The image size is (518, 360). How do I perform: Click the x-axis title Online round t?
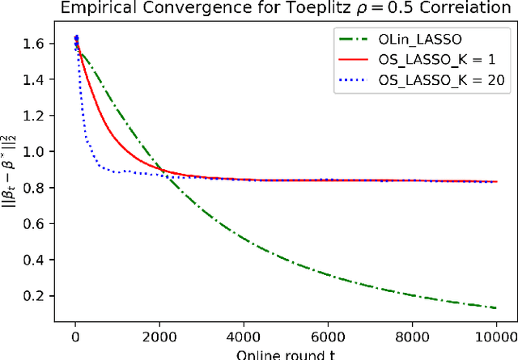pyautogui.click(x=286, y=353)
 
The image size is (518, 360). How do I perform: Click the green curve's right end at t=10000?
pyautogui.click(x=495, y=307)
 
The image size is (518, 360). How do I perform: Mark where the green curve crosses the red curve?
pyautogui.click(x=162, y=171)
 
